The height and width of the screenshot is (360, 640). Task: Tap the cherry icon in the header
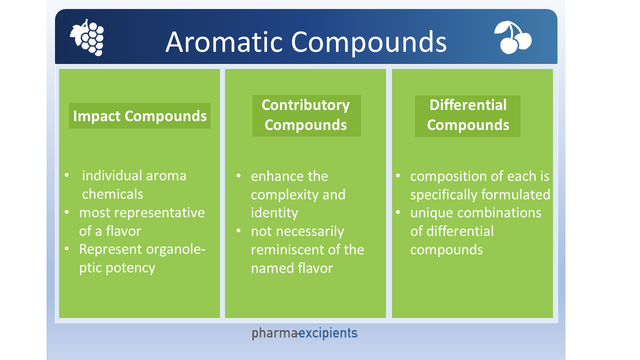click(x=512, y=37)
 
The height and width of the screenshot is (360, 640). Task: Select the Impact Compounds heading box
click(x=139, y=116)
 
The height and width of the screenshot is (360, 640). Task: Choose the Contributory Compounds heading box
click(x=306, y=115)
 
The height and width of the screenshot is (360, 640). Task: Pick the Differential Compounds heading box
click(x=467, y=115)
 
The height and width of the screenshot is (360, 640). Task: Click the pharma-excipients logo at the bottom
click(x=304, y=333)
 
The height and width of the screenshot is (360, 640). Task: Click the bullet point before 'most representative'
click(x=67, y=212)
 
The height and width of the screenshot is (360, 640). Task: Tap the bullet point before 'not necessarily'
click(x=239, y=231)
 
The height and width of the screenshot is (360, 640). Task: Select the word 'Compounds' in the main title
click(x=369, y=41)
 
